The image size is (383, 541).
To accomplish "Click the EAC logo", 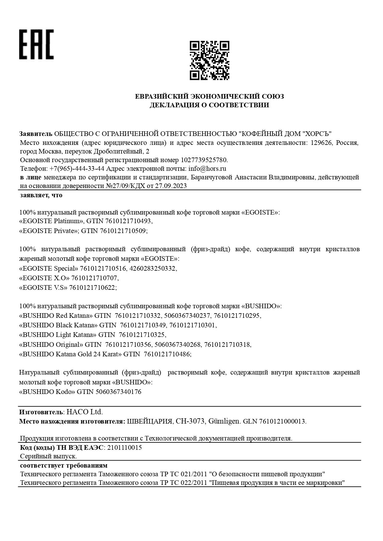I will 36,44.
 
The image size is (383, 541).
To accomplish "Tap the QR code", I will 209,60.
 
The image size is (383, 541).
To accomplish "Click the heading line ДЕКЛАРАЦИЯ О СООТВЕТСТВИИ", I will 209,105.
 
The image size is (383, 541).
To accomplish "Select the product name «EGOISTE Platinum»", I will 51,221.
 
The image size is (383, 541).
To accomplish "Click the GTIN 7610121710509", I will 124,231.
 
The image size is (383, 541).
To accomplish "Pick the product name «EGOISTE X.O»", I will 44,278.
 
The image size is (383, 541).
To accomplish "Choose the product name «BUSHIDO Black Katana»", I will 58,325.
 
